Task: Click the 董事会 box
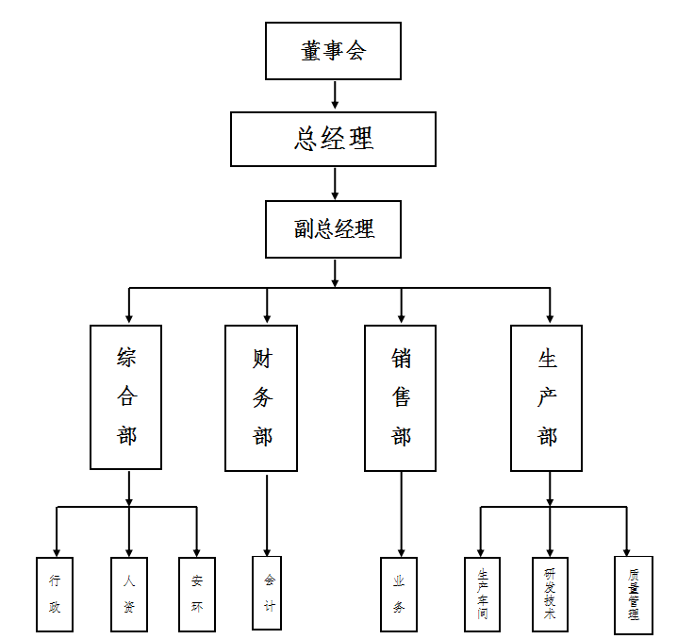tap(333, 51)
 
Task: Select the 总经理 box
tap(333, 139)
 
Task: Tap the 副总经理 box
tap(333, 228)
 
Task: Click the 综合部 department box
tap(126, 396)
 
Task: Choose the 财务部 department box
tap(261, 397)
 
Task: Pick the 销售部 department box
tap(401, 397)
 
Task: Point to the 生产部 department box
tap(547, 397)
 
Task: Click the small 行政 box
tap(55, 594)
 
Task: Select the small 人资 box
tap(129, 594)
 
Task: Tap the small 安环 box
tap(197, 594)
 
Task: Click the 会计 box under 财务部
tap(267, 592)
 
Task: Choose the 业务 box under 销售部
tap(400, 594)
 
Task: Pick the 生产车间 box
tap(483, 594)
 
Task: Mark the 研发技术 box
tap(550, 594)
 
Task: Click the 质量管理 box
tap(633, 595)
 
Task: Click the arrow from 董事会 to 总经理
tap(335, 95)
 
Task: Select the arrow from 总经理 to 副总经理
tap(335, 183)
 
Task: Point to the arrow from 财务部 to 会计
tap(267, 513)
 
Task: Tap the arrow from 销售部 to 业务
tap(401, 513)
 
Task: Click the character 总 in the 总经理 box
tap(306, 139)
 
